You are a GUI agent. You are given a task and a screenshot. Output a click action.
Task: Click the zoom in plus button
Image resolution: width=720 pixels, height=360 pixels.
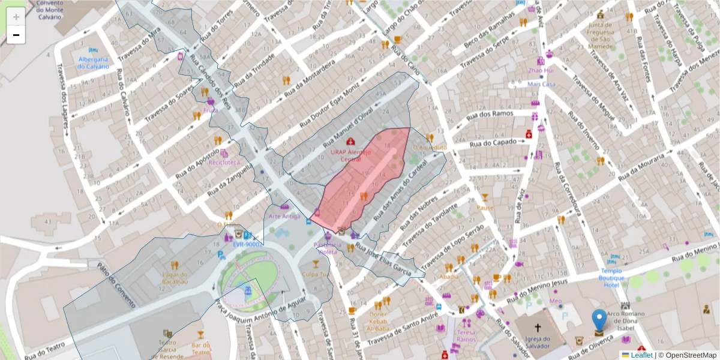point(16,17)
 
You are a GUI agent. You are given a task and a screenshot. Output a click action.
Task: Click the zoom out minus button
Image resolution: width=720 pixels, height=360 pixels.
point(16,35)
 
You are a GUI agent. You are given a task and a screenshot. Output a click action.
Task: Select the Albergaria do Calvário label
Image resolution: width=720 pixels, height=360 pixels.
point(92,62)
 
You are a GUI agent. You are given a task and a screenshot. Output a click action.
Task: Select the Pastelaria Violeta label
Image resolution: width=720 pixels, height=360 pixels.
point(328,248)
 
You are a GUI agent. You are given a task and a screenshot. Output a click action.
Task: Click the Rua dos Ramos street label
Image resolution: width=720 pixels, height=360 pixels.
point(490,114)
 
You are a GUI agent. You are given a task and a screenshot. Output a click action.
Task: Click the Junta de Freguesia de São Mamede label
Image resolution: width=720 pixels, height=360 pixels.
point(600,35)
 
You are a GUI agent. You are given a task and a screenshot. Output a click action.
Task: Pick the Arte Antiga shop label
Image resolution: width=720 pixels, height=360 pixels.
point(284,216)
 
